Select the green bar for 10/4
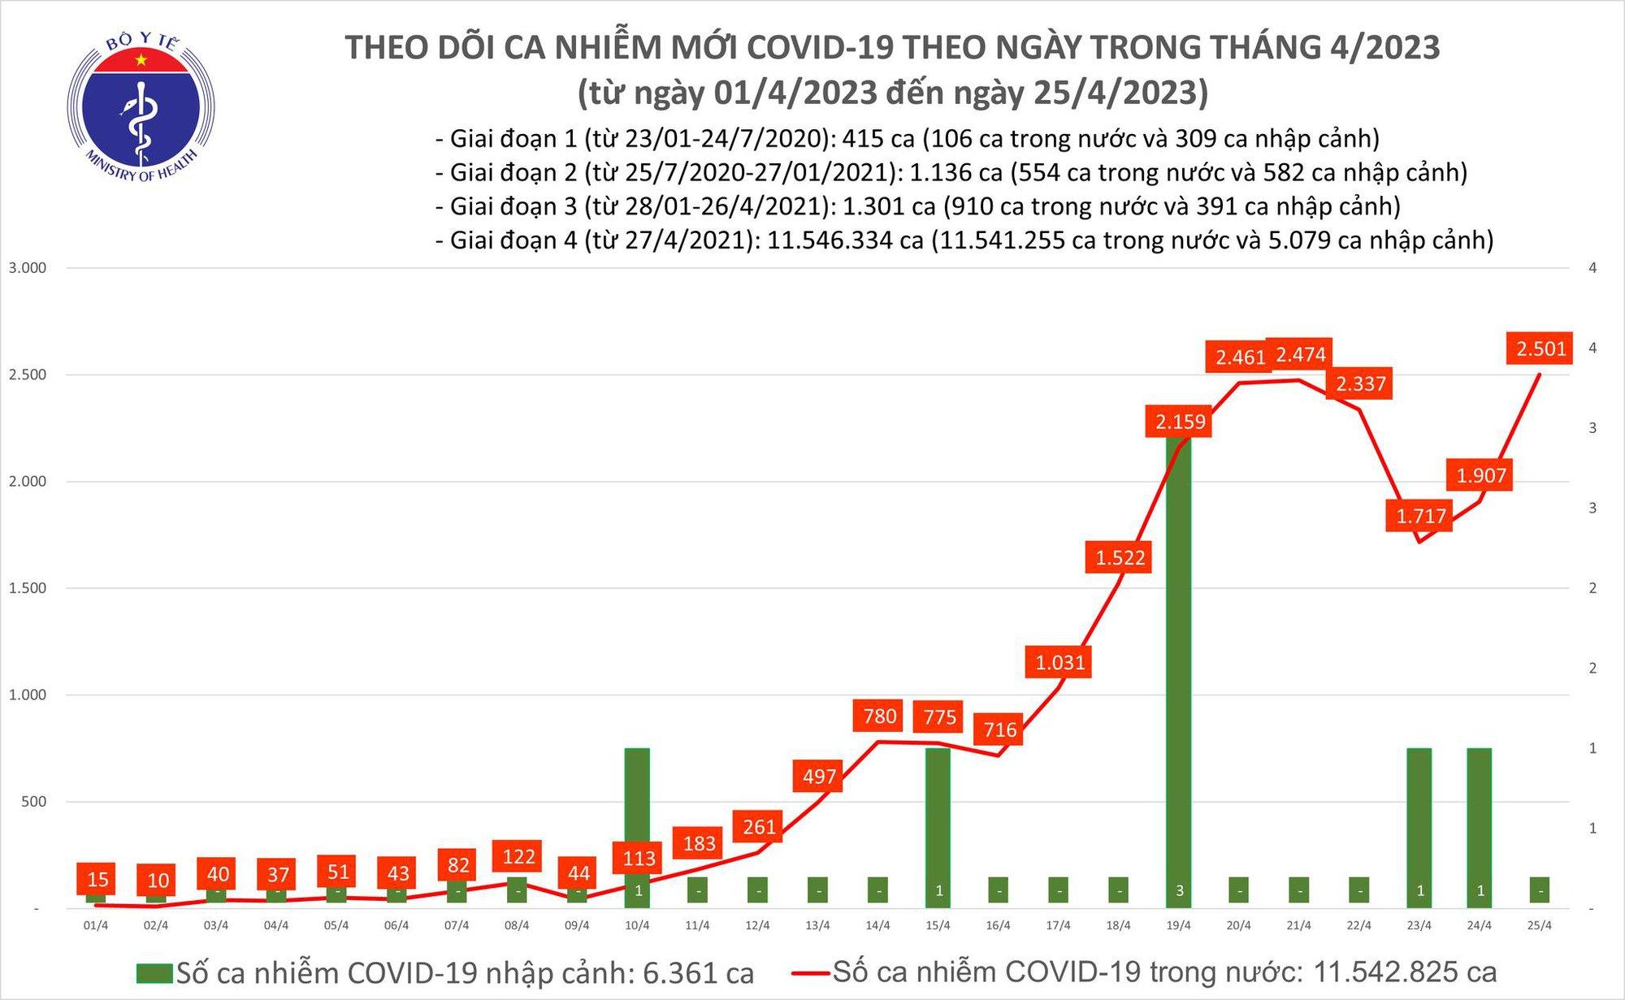tap(637, 820)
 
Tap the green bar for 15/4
tap(938, 820)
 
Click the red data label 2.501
tap(1540, 349)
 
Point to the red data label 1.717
tap(1420, 516)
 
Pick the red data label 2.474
tap(1301, 355)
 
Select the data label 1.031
tap(1059, 663)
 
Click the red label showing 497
tap(819, 777)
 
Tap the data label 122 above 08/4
tap(518, 857)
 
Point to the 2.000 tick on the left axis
tap(28, 482)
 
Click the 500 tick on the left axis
tap(33, 802)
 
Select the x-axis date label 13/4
tap(818, 925)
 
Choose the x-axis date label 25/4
tap(1540, 925)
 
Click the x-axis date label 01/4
tap(96, 925)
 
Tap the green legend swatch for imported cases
tap(154, 973)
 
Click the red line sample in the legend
tap(809, 973)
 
